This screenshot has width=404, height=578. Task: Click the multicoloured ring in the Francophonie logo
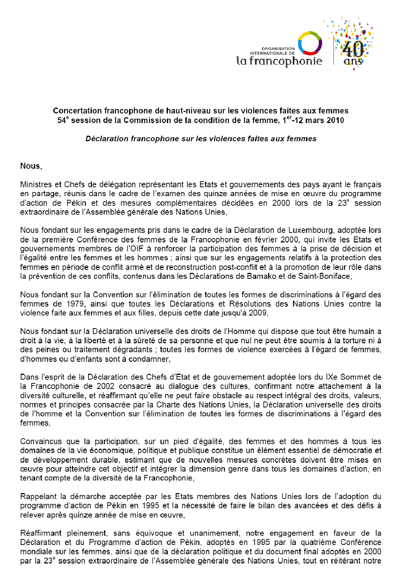coord(310,43)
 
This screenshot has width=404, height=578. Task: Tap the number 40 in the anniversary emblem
coord(353,49)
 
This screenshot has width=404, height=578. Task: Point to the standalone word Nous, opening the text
coord(31,166)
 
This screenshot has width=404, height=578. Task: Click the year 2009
coord(258,313)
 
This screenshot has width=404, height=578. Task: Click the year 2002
coord(105,386)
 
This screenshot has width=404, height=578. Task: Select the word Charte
coord(168,404)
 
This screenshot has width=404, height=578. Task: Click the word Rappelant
coord(38,496)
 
